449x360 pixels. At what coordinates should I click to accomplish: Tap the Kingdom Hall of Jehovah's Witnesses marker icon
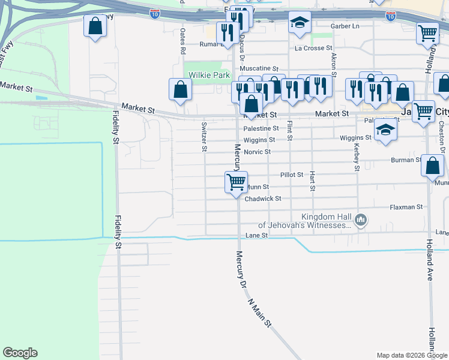coord(361,220)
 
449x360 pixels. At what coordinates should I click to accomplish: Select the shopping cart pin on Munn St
coord(237,181)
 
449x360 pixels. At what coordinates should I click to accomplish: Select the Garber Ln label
coord(345,26)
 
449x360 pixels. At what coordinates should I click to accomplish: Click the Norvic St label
coord(257,152)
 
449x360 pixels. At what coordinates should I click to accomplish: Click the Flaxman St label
coord(406,207)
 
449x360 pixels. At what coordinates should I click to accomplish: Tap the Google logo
coord(20,353)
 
